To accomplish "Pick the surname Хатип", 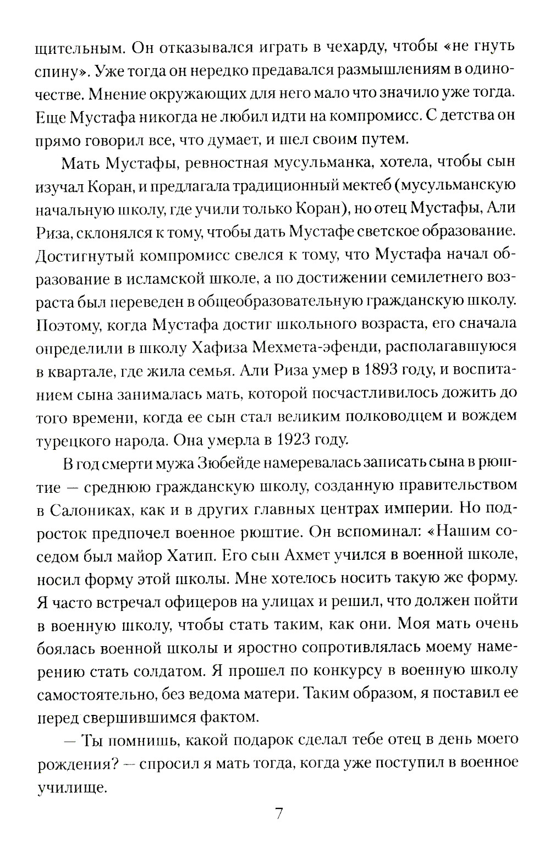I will tap(187, 556).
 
